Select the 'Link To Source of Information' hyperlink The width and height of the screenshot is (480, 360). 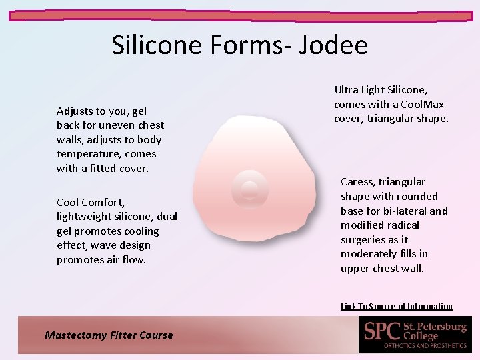click(397, 307)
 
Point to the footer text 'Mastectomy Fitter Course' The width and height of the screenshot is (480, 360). click(109, 335)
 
